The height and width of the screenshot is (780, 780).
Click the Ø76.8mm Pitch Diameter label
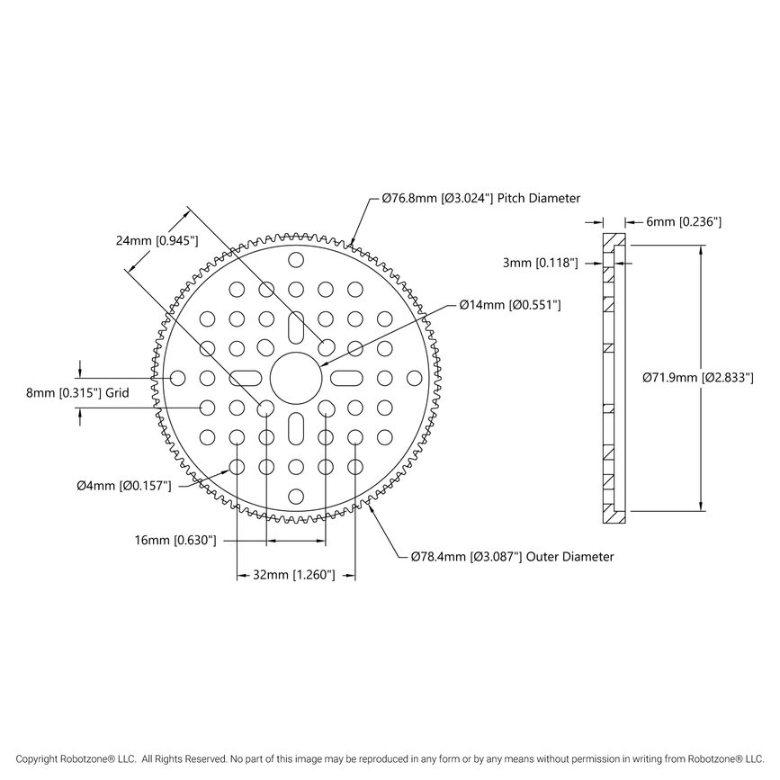click(x=480, y=198)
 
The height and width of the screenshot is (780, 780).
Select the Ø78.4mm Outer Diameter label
click(x=512, y=557)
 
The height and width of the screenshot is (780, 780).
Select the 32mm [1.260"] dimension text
click(x=294, y=574)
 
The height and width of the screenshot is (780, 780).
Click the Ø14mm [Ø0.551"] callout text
click(x=510, y=306)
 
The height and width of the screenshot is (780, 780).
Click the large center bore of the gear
click(x=295, y=378)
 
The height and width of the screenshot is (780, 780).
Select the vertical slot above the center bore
click(x=295, y=329)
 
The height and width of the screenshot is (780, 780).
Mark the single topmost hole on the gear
click(x=295, y=261)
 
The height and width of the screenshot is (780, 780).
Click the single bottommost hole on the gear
click(x=295, y=495)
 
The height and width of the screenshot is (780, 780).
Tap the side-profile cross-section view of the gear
click(x=614, y=378)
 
